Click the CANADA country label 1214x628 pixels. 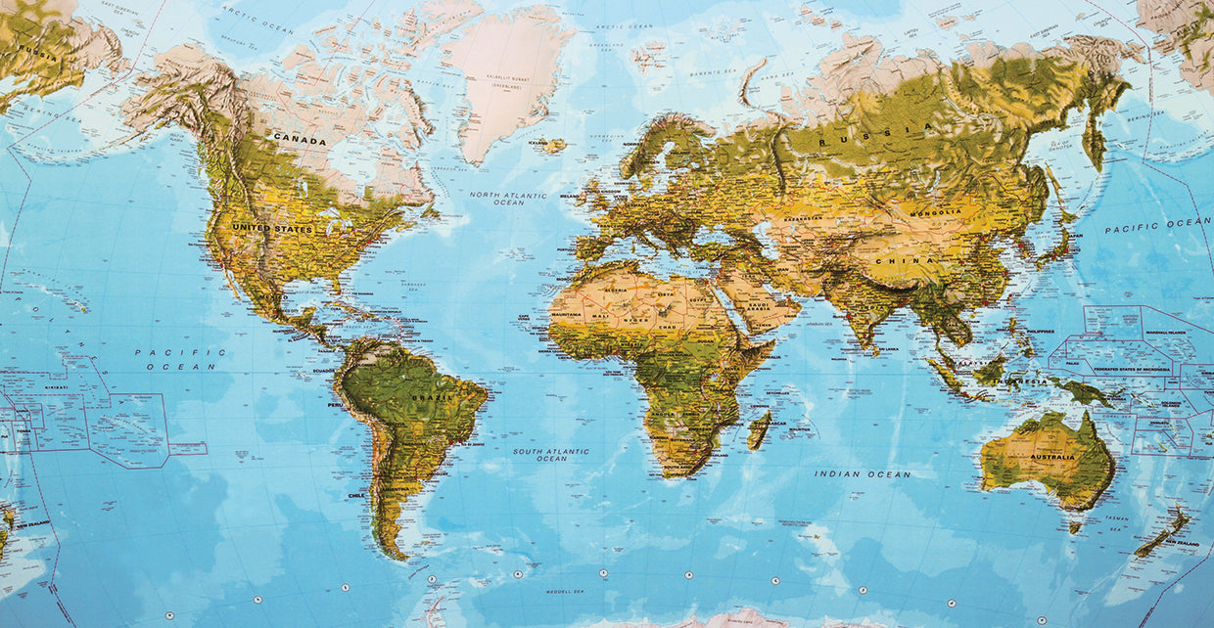coord(300,141)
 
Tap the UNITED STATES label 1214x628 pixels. coord(272,229)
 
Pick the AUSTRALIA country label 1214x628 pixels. coord(1052,457)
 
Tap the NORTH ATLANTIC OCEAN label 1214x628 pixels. coord(508,199)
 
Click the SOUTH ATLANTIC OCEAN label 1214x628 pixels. coord(551,455)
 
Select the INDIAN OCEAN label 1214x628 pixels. coord(863,474)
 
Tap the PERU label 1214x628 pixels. coord(335,404)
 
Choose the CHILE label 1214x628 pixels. coord(355,496)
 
